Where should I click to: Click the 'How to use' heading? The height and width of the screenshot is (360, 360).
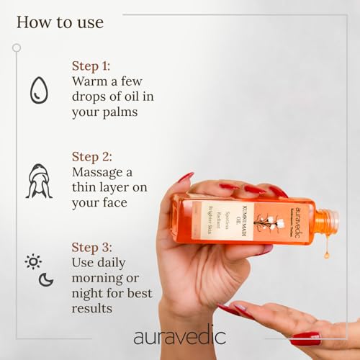[x=60, y=22]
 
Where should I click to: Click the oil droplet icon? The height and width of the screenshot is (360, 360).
[x=38, y=91]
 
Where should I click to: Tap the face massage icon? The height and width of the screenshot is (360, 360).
[x=38, y=181]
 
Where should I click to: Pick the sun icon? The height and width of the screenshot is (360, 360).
[x=33, y=261]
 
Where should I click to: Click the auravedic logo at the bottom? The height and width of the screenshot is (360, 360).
[x=179, y=336]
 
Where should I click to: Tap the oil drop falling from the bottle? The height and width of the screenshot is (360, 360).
[x=326, y=253]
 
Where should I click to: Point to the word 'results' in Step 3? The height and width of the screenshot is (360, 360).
[x=92, y=307]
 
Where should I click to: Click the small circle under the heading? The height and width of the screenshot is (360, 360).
[x=17, y=48]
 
